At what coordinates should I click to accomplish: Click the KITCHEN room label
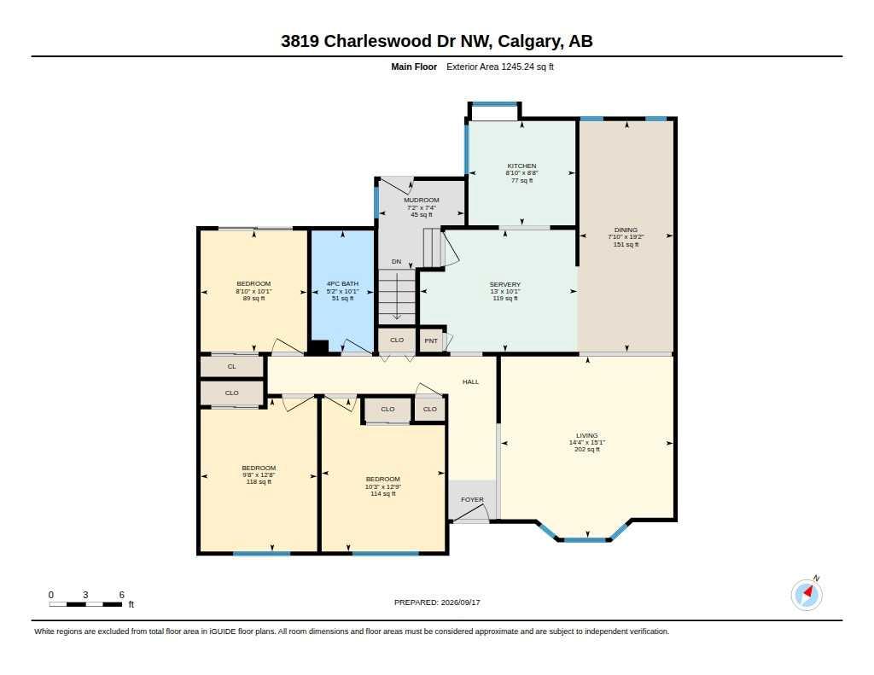point(521,166)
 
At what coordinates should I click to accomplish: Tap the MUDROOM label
point(422,200)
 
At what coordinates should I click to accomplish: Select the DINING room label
point(626,230)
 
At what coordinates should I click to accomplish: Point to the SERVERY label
point(505,284)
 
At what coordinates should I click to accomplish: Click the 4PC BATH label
point(342,283)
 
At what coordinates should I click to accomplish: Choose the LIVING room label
point(587,435)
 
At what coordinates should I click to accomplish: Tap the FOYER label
point(472,499)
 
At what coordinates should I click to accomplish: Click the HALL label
point(470,381)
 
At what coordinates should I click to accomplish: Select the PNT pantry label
point(431,340)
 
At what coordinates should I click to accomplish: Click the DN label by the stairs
point(396,261)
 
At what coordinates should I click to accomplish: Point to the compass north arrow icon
point(807,594)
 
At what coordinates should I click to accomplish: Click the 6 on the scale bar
point(121,595)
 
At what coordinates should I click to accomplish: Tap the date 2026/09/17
point(460,602)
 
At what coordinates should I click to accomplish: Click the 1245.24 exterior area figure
point(518,67)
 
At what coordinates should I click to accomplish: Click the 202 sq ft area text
point(587,449)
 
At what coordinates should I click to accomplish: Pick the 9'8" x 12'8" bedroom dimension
point(259,475)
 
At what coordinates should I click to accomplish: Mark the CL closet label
point(232,366)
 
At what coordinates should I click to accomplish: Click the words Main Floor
point(414,67)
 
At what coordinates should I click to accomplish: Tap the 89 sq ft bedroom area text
point(253,298)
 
